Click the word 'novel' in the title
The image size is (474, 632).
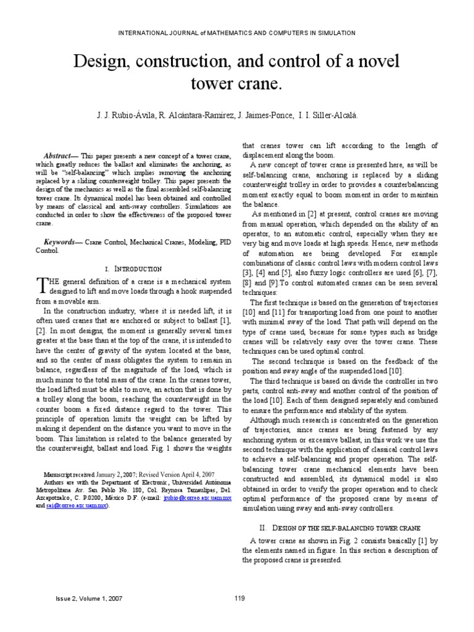[376, 62]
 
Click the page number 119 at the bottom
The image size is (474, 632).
[241, 598]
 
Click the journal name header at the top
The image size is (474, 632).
[237, 33]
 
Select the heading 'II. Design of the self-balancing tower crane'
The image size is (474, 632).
[341, 528]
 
